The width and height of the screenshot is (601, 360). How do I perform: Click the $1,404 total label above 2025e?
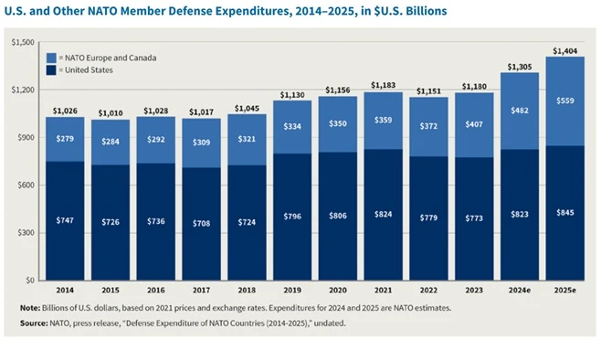565,51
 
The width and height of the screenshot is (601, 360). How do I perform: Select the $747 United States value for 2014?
65,220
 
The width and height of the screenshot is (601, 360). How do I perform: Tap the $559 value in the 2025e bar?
565,101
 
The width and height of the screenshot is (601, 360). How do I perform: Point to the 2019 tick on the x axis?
292,291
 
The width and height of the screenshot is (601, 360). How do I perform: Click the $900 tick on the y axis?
26,137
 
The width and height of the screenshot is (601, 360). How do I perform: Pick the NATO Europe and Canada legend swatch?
51,58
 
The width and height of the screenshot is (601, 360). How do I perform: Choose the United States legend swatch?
51,70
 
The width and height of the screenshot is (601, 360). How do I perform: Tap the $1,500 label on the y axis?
23,42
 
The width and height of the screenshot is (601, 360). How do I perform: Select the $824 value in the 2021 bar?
384,215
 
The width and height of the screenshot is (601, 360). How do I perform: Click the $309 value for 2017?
201,143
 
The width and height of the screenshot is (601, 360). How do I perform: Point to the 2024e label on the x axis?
520,291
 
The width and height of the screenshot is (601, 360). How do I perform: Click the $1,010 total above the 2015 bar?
111,113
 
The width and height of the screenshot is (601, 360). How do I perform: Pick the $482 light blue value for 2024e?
520,111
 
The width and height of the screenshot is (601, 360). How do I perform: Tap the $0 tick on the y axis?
30,281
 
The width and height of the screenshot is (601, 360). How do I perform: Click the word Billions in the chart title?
427,11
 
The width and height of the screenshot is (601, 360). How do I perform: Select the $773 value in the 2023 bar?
474,218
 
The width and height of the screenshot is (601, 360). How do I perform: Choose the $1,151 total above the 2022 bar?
428,91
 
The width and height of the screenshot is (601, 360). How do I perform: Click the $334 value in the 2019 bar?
292,126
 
